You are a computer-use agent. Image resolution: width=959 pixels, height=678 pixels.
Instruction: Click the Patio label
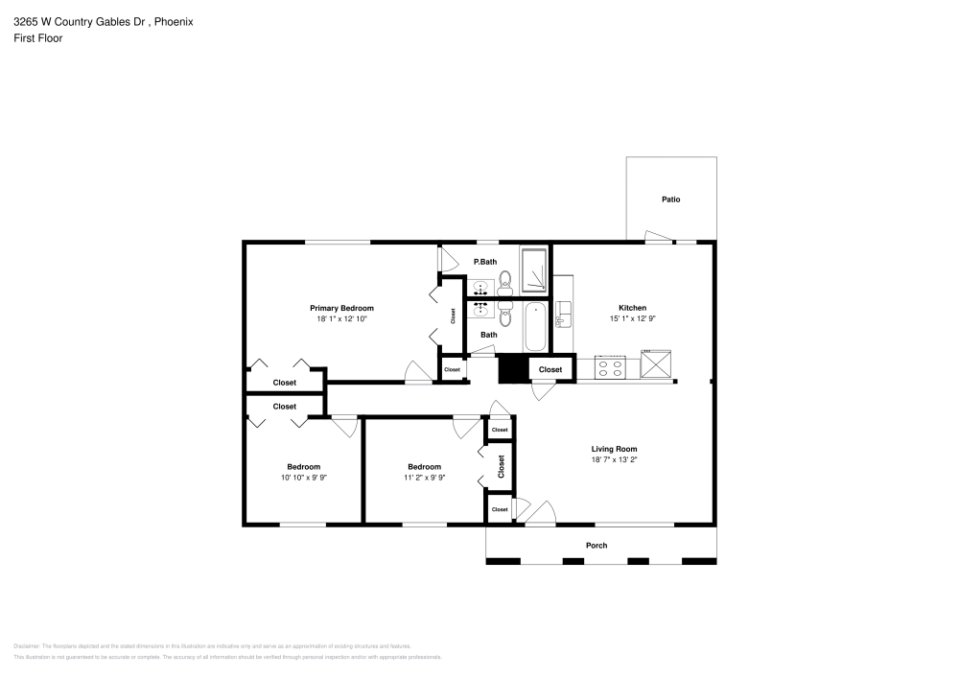point(670,199)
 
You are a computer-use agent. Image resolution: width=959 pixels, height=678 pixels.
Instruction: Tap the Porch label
point(596,546)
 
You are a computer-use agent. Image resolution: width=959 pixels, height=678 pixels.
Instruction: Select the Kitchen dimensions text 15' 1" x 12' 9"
point(632,318)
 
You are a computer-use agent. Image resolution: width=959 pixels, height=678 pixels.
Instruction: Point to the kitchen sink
point(564,313)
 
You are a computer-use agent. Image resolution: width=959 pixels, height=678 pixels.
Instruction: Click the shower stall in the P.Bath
point(534,270)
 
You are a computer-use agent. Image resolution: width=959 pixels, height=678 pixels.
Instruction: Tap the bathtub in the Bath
point(534,327)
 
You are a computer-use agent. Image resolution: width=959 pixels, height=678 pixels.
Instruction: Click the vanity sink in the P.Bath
point(479,286)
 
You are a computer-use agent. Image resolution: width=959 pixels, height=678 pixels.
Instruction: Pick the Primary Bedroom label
point(341,308)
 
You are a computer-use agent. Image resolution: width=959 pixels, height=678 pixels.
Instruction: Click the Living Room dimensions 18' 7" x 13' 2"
point(614,460)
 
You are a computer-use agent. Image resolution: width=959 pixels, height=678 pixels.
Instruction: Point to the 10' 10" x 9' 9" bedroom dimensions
point(303,478)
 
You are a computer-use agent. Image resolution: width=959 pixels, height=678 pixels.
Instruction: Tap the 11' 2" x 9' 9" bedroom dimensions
point(424,478)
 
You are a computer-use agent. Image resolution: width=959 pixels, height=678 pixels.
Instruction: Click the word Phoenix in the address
point(174,21)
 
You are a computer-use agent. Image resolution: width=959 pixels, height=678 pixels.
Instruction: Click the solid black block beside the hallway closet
point(513,369)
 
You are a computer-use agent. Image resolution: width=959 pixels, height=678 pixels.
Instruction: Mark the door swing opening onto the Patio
point(657,236)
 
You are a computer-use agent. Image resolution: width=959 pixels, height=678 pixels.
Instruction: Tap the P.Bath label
point(485,262)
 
